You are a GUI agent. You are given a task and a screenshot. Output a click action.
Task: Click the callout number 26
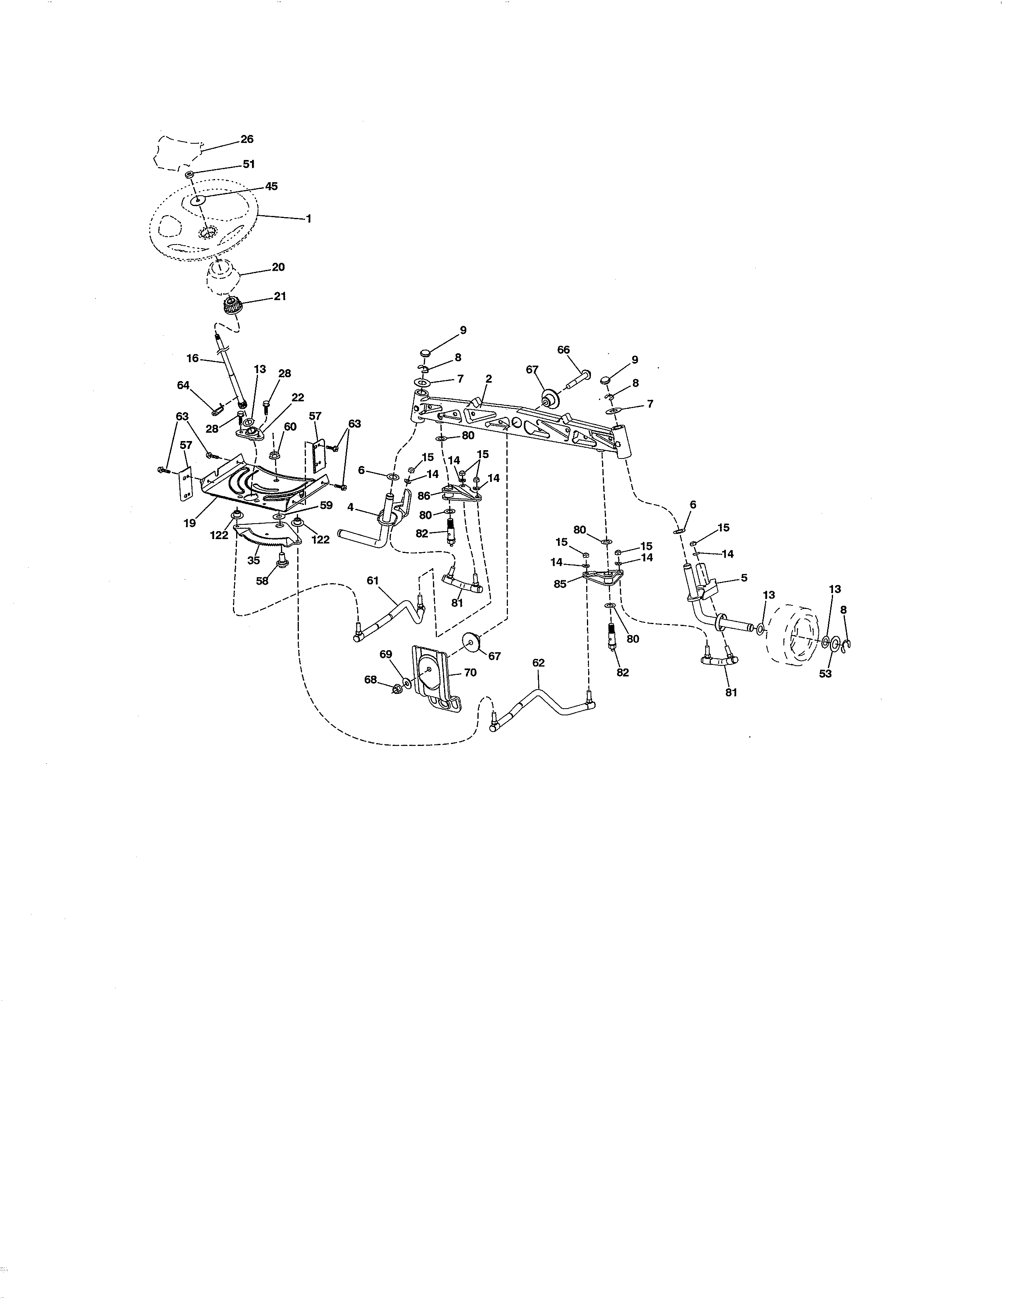(x=246, y=139)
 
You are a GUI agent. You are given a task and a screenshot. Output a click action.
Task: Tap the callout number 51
(x=249, y=164)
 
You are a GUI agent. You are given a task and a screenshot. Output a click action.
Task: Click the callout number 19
(x=189, y=523)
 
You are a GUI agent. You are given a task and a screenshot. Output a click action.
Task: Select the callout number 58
(x=262, y=581)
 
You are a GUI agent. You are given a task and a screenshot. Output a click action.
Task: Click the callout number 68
(x=371, y=680)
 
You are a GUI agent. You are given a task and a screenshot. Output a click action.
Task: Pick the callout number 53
(x=825, y=674)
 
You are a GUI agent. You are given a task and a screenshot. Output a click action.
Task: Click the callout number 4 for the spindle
(x=350, y=507)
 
